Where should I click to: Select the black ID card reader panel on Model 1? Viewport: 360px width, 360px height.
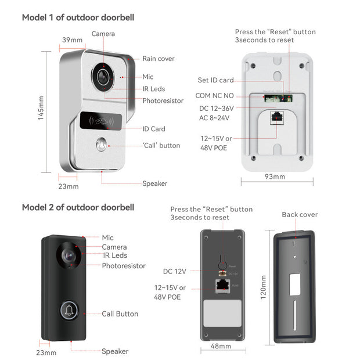(x=99, y=120)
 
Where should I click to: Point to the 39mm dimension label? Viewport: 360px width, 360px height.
(x=73, y=40)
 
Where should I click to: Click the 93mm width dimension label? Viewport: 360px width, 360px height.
(x=275, y=176)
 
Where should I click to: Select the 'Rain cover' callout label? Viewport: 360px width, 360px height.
(x=159, y=59)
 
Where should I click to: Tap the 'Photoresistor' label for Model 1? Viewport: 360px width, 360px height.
(x=163, y=100)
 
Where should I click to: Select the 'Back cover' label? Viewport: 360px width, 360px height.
(x=300, y=214)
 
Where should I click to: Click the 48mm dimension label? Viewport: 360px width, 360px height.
(x=220, y=346)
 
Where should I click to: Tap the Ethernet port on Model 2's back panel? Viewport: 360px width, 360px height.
(x=221, y=285)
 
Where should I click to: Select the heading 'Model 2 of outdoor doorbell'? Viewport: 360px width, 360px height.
(x=78, y=207)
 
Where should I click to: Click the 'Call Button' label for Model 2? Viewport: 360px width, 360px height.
(x=120, y=314)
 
